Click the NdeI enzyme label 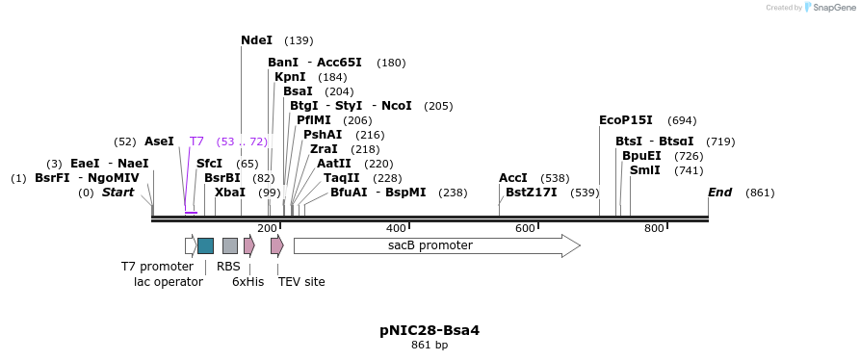(x=256, y=40)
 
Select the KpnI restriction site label (x=290, y=77)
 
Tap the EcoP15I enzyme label (x=625, y=120)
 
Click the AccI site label (x=512, y=178)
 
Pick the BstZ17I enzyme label (x=531, y=193)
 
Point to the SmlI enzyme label (x=644, y=170)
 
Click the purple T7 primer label (x=196, y=141)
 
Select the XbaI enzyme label (x=229, y=193)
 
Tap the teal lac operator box (x=205, y=245)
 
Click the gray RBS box (x=229, y=245)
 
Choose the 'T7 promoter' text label (x=157, y=267)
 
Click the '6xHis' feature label (x=248, y=282)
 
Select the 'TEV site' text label (x=301, y=282)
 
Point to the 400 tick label (x=396, y=228)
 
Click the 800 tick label (x=654, y=228)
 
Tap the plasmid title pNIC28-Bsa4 (x=430, y=330)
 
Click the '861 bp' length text (x=430, y=346)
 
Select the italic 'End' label (x=719, y=193)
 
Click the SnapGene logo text (x=832, y=8)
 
